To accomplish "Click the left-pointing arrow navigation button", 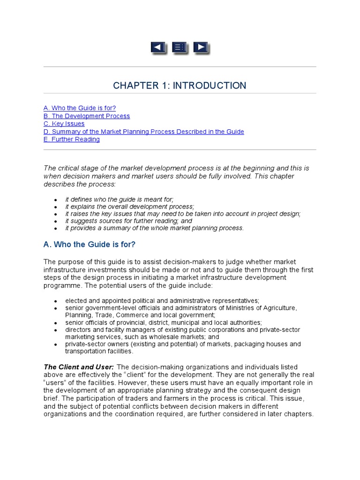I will [x=158, y=47].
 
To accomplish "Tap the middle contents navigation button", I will [x=179, y=47].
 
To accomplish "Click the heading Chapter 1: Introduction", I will [x=180, y=86].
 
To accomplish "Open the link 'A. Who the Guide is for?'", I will [x=80, y=108].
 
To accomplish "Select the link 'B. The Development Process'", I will [x=87, y=116].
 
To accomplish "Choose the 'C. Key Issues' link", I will [x=64, y=124].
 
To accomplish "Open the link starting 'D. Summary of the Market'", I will [x=144, y=132].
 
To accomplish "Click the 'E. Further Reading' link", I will [x=72, y=139].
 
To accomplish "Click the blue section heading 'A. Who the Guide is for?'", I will [x=89, y=245].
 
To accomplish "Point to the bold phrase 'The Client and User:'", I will [x=79, y=367].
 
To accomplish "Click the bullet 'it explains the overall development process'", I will [x=129, y=207].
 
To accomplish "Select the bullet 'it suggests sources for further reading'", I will [x=128, y=221].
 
